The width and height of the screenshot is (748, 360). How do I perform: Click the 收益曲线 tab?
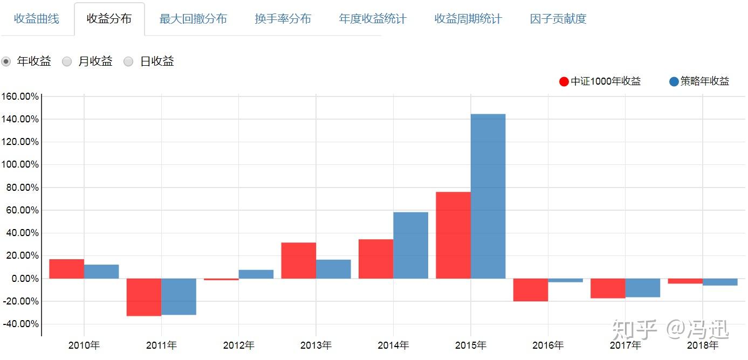click(37, 19)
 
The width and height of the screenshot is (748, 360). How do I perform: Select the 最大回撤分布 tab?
click(193, 19)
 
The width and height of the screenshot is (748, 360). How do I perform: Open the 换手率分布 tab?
click(283, 19)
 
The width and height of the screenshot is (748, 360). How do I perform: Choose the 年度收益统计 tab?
click(373, 19)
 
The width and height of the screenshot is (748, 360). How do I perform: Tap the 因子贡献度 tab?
click(558, 19)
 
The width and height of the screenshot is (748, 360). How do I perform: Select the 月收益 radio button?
click(67, 61)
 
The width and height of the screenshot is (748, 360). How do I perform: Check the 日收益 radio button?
click(129, 61)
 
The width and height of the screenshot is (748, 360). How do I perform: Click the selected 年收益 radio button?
click(6, 61)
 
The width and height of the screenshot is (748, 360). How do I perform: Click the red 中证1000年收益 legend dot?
click(564, 82)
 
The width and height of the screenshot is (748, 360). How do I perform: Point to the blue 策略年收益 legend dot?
click(674, 82)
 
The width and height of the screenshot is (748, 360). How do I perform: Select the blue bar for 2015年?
click(488, 196)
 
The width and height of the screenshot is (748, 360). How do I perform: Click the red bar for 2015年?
click(453, 235)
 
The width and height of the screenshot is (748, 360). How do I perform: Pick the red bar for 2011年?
click(144, 297)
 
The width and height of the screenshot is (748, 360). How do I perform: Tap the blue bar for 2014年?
click(410, 245)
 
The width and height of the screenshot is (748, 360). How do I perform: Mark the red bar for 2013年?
click(298, 260)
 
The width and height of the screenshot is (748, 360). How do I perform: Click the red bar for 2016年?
click(531, 290)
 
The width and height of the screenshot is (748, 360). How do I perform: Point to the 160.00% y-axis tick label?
click(20, 96)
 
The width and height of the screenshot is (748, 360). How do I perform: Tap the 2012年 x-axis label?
click(239, 345)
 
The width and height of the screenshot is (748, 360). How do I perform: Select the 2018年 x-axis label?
click(703, 345)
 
